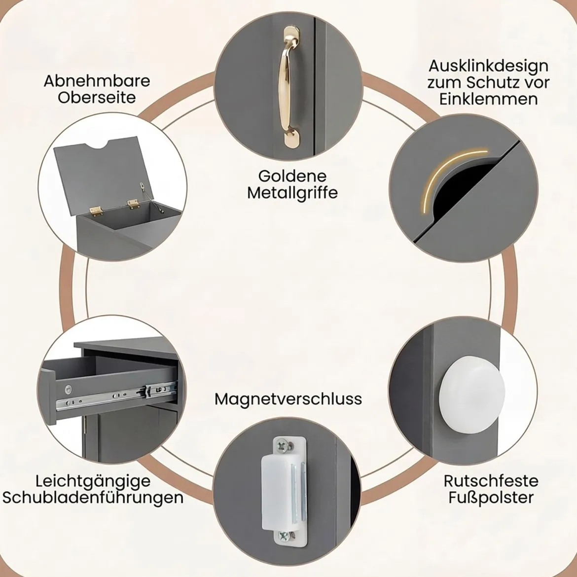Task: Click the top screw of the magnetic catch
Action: (284, 446)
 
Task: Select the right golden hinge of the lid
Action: (133, 204)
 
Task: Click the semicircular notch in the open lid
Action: (99, 145)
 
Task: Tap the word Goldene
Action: (292, 176)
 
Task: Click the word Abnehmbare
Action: (97, 81)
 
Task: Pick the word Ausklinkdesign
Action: (489, 67)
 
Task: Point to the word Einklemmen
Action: (489, 99)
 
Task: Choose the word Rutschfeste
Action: (491, 481)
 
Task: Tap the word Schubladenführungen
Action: (93, 498)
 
